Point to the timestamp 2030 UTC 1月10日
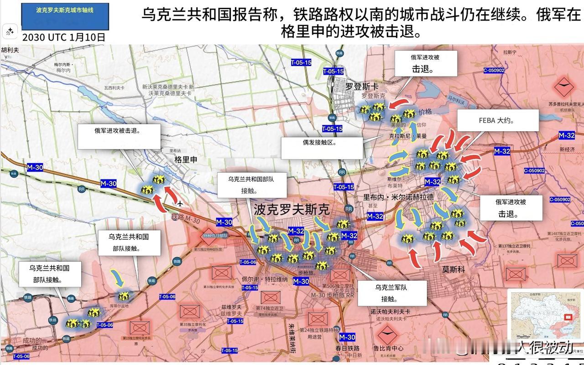64,37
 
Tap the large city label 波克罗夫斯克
292,210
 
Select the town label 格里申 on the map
186,160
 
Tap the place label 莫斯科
453,269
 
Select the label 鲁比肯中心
388,348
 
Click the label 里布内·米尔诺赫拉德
398,197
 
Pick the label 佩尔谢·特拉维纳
271,279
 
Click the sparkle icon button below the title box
10,32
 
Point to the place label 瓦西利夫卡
114,87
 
